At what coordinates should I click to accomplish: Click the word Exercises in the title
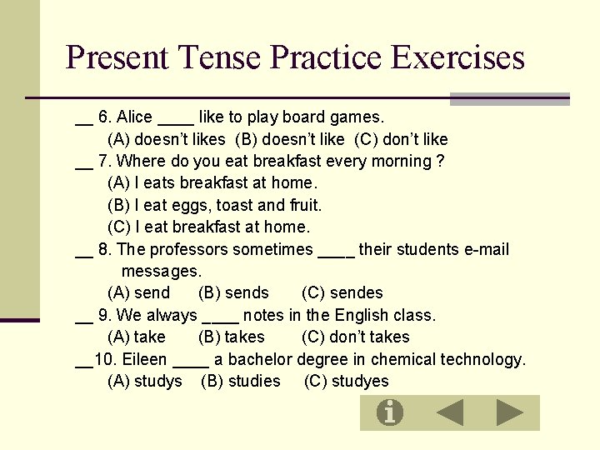coord(457,57)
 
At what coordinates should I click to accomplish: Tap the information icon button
coord(389,412)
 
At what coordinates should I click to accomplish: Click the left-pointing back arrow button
coord(450,412)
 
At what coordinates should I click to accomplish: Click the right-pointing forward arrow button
coord(509,412)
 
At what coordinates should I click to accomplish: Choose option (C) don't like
coord(401,139)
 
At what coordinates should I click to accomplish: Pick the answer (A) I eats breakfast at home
coord(212,182)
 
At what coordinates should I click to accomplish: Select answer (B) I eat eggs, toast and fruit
coord(214,205)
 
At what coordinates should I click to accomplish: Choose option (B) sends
coord(233,292)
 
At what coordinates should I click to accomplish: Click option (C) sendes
coord(342,292)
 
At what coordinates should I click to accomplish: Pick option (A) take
coord(137,337)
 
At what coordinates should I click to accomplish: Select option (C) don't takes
coord(355,337)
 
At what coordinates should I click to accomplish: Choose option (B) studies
coord(241,381)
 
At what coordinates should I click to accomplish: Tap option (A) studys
coord(145,381)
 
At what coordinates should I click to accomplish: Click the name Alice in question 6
coord(134,117)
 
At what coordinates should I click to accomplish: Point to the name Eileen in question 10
coord(144,359)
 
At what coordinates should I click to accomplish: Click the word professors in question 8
coord(188,249)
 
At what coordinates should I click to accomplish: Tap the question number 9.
coord(103,315)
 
